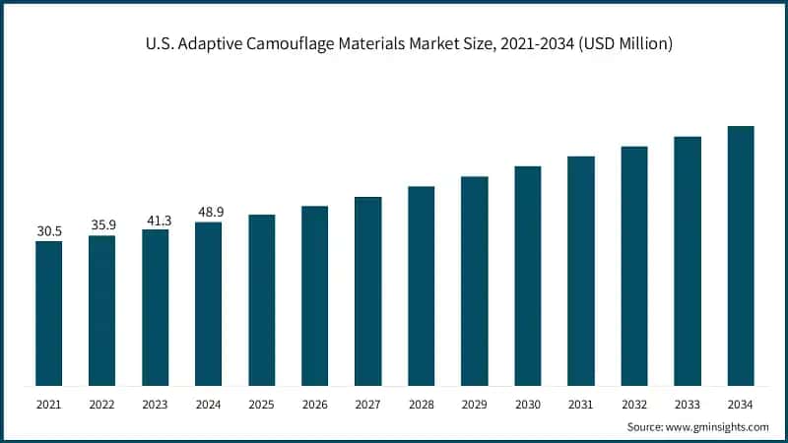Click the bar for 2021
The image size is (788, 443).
pyautogui.click(x=49, y=313)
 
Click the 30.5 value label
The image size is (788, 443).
pyautogui.click(x=49, y=231)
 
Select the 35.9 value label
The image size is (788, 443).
pyautogui.click(x=102, y=225)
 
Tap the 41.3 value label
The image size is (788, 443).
pyautogui.click(x=156, y=221)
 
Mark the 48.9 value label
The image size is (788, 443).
pyautogui.click(x=208, y=213)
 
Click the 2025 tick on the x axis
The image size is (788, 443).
pyautogui.click(x=261, y=404)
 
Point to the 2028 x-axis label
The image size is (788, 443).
pyautogui.click(x=421, y=404)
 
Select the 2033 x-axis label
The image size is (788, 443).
pyautogui.click(x=688, y=404)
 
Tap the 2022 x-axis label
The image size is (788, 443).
pyautogui.click(x=102, y=404)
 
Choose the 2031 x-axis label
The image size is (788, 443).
pyautogui.click(x=581, y=404)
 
